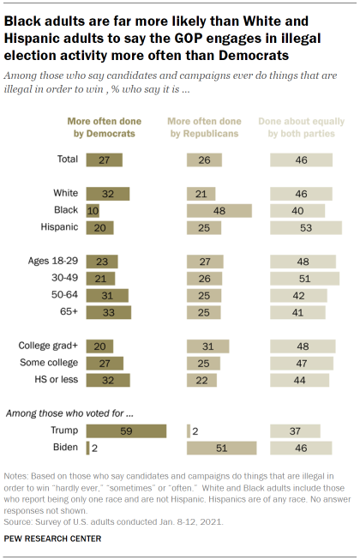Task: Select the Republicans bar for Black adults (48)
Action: pyautogui.click(x=219, y=210)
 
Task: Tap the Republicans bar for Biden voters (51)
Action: pyautogui.click(x=221, y=447)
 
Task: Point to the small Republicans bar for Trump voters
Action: pyautogui.click(x=189, y=430)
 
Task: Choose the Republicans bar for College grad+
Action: pyautogui.click(x=207, y=346)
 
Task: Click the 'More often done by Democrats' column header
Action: pyautogui.click(x=105, y=128)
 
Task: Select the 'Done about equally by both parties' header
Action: pyautogui.click(x=305, y=128)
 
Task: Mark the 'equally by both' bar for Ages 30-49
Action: pyautogui.click(x=304, y=278)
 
